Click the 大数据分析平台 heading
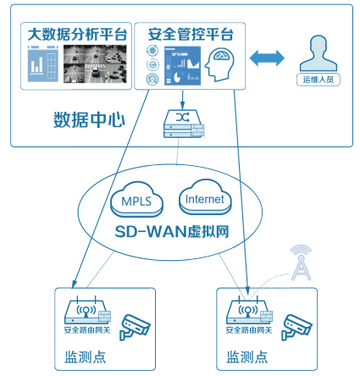(x=77, y=35)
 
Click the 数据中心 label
(x=89, y=117)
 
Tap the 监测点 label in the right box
(x=245, y=357)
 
